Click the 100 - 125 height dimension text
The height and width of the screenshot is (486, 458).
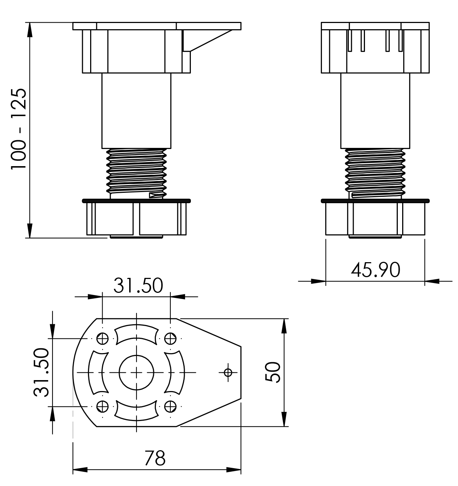click(19, 129)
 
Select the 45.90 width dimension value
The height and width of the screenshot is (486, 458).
click(376, 270)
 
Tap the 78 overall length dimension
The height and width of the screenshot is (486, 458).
click(155, 458)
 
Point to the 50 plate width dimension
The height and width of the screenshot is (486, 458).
click(273, 372)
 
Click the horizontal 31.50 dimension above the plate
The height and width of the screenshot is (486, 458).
click(138, 285)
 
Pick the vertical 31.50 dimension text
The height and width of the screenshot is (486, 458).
click(41, 372)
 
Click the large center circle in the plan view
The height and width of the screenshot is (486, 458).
click(136, 372)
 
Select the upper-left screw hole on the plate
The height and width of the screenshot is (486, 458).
click(103, 339)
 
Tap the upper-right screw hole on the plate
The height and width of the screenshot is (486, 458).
click(170, 339)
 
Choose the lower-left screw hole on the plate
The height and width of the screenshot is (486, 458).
click(103, 406)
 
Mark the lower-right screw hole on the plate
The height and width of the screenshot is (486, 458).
click(170, 406)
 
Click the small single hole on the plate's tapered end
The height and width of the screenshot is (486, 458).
click(228, 372)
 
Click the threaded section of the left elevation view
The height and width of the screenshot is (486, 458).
click(136, 173)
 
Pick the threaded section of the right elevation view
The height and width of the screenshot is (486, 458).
click(375, 173)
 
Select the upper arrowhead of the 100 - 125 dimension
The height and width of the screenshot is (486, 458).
click(30, 30)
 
